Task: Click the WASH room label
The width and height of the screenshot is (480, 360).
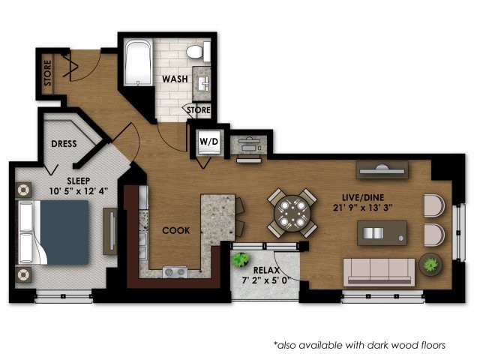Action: tap(175, 78)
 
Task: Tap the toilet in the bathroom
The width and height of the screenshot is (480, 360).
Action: tap(198, 52)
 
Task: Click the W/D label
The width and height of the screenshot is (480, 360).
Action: tap(208, 142)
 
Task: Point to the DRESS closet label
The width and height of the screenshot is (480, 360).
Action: tap(65, 144)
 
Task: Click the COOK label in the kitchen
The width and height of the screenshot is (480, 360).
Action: tap(175, 230)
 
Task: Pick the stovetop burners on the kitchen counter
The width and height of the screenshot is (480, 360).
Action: tap(175, 271)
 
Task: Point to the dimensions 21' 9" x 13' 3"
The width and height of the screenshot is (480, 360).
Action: tap(364, 208)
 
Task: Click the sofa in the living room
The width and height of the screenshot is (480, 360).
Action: tap(379, 271)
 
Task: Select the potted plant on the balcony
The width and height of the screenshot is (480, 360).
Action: tap(241, 260)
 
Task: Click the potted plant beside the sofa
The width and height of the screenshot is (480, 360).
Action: tap(430, 264)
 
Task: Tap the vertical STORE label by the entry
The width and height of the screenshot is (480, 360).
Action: tap(46, 73)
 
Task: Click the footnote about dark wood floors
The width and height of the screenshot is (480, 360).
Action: tap(359, 345)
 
